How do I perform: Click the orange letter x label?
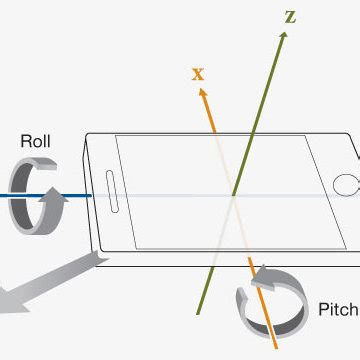point(197,72)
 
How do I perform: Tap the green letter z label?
point(290,16)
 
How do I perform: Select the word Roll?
point(36,142)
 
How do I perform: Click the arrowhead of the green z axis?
point(284,33)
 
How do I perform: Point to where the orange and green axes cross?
point(232,195)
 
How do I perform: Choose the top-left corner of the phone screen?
point(117,136)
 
